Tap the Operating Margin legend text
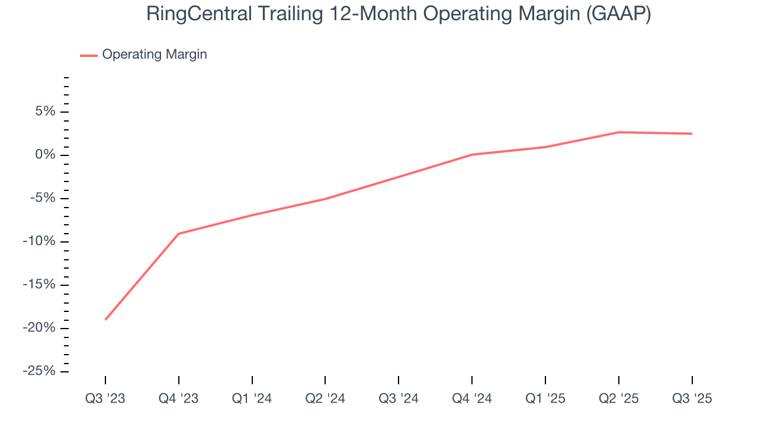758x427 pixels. (155, 55)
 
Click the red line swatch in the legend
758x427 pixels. (89, 55)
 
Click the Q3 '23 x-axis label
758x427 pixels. (105, 399)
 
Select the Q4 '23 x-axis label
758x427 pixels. (179, 399)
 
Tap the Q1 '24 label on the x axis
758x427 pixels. (252, 399)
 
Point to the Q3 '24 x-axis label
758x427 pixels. (399, 399)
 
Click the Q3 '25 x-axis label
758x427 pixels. (692, 399)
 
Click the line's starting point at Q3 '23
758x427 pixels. (105, 320)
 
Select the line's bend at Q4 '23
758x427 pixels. (179, 234)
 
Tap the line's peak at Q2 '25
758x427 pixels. (619, 132)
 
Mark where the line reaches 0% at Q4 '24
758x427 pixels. (472, 155)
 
